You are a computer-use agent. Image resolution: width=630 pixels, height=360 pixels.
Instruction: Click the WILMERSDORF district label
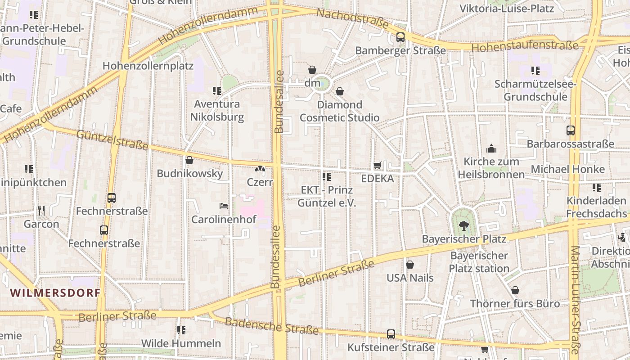55,292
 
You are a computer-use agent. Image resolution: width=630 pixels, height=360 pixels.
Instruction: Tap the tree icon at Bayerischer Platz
463,226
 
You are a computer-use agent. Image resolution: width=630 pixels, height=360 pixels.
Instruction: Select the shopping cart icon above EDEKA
378,166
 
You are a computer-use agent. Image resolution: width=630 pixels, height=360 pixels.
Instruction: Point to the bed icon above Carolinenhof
224,207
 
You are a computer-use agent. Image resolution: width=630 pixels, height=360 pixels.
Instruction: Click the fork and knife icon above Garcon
41,210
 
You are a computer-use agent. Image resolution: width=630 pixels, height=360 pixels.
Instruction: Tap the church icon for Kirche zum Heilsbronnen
491,148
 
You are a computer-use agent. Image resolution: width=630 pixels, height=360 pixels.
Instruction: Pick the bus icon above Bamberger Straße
400,37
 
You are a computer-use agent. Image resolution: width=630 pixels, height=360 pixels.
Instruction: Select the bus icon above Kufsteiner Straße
391,334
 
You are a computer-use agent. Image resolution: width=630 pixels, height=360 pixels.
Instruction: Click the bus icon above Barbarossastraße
571,130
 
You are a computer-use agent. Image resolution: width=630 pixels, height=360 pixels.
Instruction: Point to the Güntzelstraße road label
112,139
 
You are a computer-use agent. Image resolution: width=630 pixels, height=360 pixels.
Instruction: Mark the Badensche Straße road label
272,326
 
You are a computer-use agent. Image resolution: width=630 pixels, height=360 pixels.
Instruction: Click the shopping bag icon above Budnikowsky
189,160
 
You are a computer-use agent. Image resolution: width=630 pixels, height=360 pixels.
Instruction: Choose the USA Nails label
410,278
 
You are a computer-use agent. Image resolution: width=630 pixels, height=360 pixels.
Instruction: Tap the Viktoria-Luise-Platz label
506,8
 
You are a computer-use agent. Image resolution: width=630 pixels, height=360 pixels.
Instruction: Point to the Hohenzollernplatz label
148,66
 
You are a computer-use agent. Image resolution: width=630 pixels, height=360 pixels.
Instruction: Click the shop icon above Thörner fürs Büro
515,290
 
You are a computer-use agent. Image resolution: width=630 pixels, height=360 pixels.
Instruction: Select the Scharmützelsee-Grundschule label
535,90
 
